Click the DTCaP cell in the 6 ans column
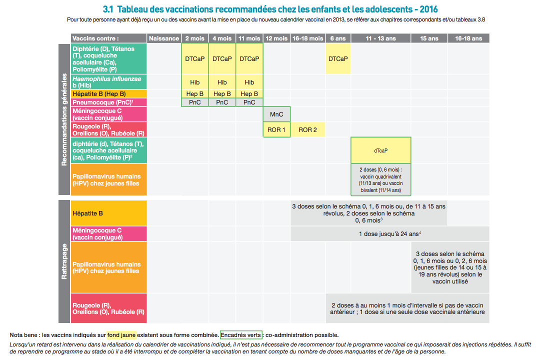[338, 58]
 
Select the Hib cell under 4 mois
[222, 82]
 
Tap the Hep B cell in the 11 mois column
[249, 93]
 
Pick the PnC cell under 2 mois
[194, 102]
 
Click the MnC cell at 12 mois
[276, 114]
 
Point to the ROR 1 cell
[276, 130]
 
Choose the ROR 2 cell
[307, 130]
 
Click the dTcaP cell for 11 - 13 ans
[380, 150]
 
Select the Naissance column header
[163, 38]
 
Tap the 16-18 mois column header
[307, 38]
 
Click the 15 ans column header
[429, 38]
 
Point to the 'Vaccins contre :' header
[96, 38]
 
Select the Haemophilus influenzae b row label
[107, 82]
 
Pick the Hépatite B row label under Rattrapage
[88, 213]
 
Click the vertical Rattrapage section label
[64, 261]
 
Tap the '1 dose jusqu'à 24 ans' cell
[390, 233]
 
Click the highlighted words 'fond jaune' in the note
[121, 335]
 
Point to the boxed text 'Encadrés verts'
[241, 335]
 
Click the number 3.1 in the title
[108, 9]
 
